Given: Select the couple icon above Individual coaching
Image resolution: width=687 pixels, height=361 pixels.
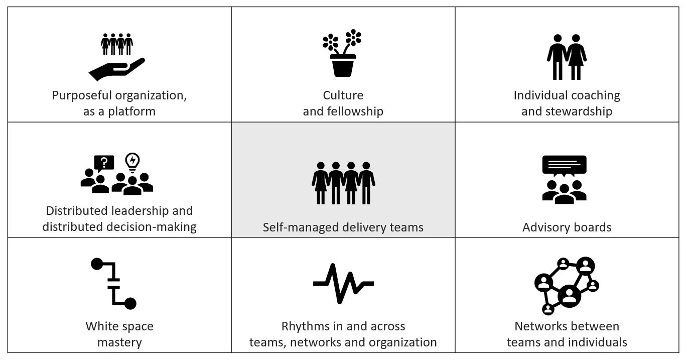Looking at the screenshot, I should (567, 57).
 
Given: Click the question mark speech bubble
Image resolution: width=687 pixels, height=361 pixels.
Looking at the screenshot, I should (104, 162).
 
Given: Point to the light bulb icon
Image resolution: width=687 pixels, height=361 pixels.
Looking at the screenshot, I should (132, 162).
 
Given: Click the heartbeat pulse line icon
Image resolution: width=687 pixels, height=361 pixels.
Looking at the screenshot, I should (343, 283).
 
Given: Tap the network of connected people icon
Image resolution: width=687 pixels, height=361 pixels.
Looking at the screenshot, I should (567, 285).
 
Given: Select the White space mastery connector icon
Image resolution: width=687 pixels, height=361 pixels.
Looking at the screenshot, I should (114, 283).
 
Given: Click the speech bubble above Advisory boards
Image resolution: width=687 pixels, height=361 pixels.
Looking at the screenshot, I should (564, 165).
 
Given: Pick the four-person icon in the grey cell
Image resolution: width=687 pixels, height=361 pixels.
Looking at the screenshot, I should (343, 183).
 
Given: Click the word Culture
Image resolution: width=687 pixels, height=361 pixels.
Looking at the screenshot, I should (343, 95).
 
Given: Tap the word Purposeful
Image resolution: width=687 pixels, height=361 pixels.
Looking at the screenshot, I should (82, 95).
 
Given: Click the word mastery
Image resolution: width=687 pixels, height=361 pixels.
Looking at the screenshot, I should (119, 343).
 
